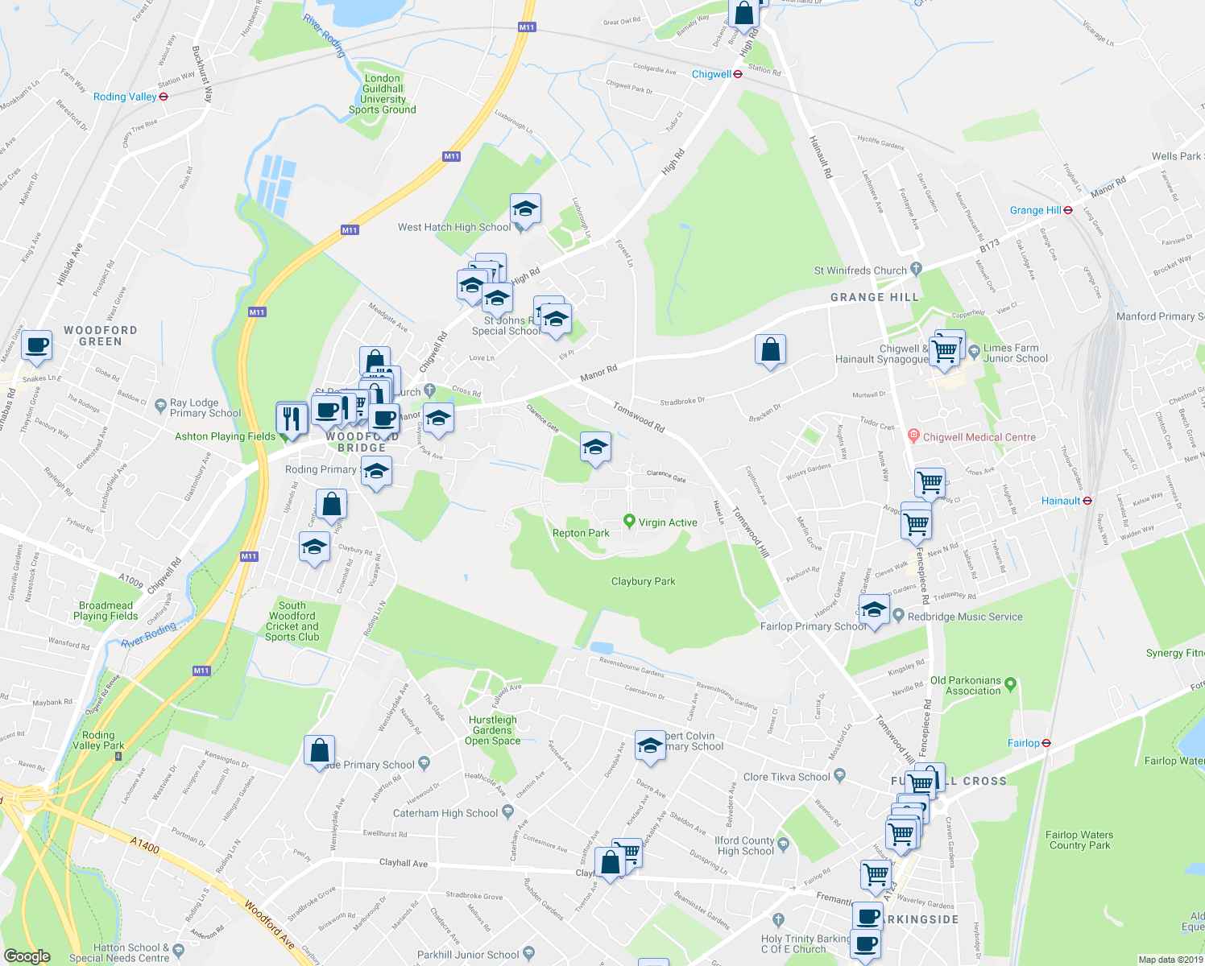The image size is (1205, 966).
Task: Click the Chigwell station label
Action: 711,74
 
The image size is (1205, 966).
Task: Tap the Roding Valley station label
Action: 125,97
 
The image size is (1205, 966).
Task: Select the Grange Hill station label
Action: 1035,210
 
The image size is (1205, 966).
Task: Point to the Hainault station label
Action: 1060,501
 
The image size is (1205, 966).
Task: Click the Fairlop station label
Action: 1023,743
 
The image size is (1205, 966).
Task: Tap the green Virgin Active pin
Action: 630,522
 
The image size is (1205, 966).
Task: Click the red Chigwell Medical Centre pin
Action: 913,436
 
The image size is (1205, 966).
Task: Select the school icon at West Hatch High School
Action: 525,210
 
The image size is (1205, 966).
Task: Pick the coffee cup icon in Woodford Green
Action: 36,345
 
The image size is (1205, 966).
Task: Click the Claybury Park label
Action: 643,581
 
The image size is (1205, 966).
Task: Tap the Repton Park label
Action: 581,533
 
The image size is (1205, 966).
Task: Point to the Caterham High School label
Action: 445,813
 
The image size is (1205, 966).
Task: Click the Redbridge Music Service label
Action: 965,617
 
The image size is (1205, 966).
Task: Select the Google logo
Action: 27,956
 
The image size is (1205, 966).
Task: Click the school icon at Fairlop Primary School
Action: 874,609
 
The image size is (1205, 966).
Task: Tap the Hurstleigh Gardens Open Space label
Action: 492,730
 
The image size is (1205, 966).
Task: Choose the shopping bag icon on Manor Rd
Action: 771,349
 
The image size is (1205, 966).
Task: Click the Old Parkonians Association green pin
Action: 1011,684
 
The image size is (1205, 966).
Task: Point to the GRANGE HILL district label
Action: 874,297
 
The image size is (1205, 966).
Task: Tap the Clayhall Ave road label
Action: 404,862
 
